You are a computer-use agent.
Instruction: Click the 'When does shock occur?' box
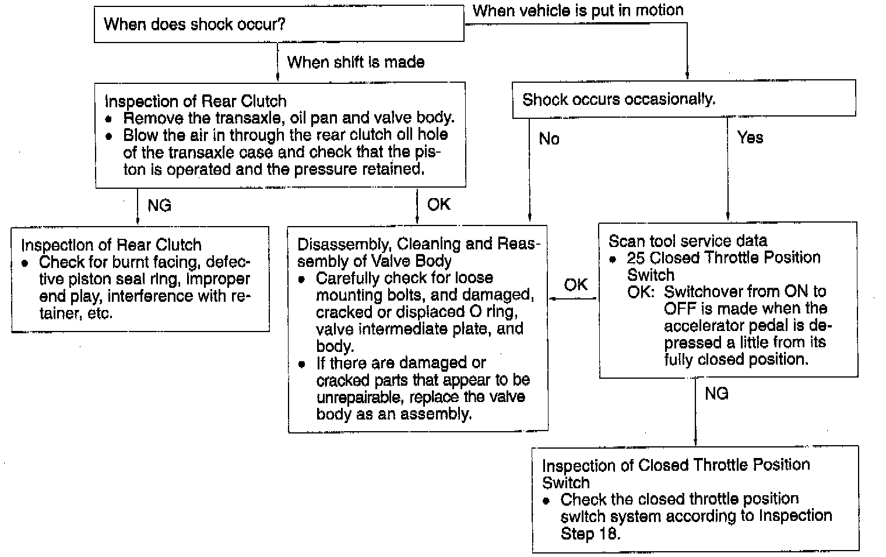click(x=279, y=24)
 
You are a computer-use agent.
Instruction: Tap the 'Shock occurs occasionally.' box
click(x=683, y=99)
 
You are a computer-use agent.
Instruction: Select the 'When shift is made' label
click(x=356, y=62)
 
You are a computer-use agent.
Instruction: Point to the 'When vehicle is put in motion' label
click(x=578, y=10)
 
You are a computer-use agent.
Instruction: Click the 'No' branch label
click(x=549, y=138)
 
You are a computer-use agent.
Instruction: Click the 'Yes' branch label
click(x=750, y=138)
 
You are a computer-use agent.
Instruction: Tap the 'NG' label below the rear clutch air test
click(x=159, y=205)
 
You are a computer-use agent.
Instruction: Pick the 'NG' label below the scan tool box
click(x=716, y=394)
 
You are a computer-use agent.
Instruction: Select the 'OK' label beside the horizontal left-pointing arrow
click(x=576, y=284)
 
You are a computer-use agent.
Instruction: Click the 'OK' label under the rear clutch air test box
click(x=439, y=204)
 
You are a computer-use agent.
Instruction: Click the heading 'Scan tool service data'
click(x=688, y=241)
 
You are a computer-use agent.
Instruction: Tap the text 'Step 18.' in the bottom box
click(x=590, y=534)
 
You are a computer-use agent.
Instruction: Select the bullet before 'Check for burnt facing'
click(x=24, y=263)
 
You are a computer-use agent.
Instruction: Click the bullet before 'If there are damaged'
click(x=301, y=364)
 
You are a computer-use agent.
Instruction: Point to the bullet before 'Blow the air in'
click(x=108, y=136)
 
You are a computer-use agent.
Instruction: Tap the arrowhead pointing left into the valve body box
click(x=552, y=299)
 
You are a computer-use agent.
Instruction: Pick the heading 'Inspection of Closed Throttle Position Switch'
click(x=676, y=473)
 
